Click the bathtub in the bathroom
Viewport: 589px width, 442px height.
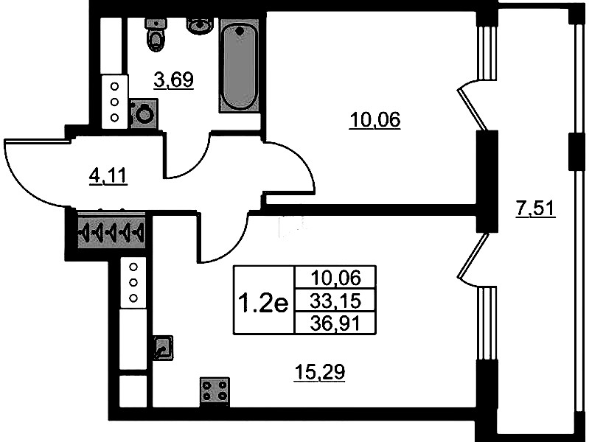pyautogui.click(x=240, y=66)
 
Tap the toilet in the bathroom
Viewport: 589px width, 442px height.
pyautogui.click(x=156, y=35)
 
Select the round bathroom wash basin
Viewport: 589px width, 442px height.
pyautogui.click(x=201, y=26)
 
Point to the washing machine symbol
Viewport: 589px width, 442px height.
pyautogui.click(x=144, y=113)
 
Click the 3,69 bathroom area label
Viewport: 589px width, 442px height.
pyautogui.click(x=173, y=80)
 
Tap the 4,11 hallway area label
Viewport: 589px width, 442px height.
pyautogui.click(x=108, y=176)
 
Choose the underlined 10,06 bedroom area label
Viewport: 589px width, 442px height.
pyautogui.click(x=375, y=120)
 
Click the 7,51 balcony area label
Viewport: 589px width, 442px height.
pyautogui.click(x=535, y=208)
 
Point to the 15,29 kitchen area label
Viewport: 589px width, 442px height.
pyautogui.click(x=320, y=372)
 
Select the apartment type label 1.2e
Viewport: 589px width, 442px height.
pyautogui.click(x=263, y=304)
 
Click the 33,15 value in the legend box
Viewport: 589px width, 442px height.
pyautogui.click(x=335, y=301)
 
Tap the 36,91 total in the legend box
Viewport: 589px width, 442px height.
pyautogui.click(x=335, y=323)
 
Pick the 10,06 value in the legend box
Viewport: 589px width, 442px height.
pyautogui.click(x=335, y=278)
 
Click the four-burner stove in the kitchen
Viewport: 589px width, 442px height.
pyautogui.click(x=215, y=391)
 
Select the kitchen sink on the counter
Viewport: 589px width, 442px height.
pyautogui.click(x=163, y=348)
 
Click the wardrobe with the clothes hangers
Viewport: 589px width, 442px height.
pyautogui.click(x=111, y=230)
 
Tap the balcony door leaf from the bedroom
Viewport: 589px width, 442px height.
pyautogui.click(x=473, y=109)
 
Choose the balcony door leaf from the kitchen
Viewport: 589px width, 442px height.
pyautogui.click(x=473, y=256)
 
